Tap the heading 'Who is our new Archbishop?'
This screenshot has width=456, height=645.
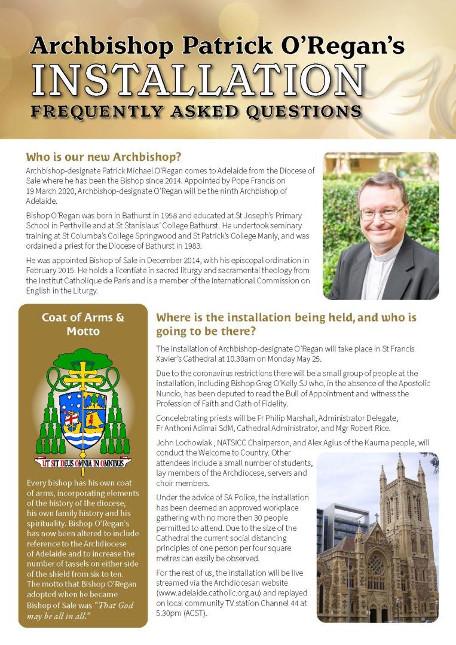pyautogui.click(x=103, y=158)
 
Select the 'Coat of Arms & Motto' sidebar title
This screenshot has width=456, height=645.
pyautogui.click(x=83, y=324)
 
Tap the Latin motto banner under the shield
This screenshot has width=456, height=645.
pyautogui.click(x=83, y=463)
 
